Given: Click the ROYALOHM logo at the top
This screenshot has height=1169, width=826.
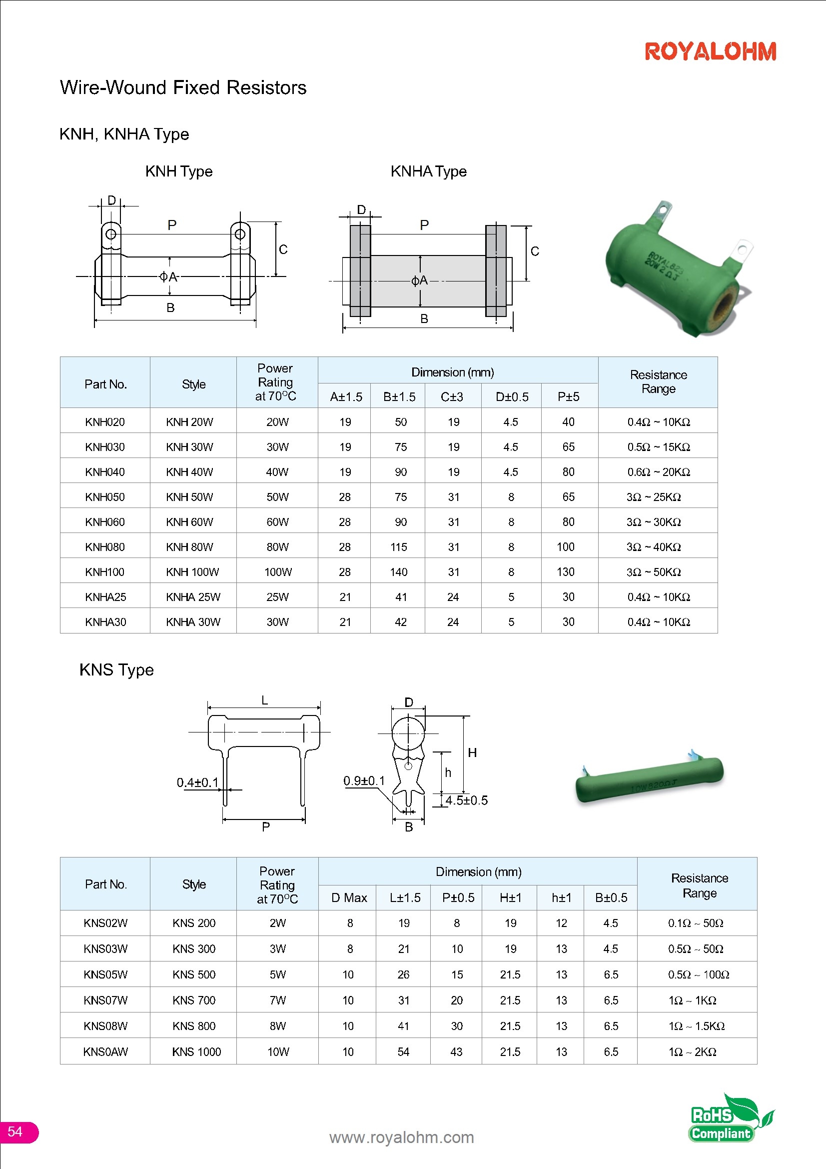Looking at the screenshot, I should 710,51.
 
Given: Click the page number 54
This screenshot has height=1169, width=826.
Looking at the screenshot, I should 15,1131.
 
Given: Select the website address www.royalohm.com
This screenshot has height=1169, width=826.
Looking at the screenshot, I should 402,1137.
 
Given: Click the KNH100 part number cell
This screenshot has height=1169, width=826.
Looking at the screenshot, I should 105,572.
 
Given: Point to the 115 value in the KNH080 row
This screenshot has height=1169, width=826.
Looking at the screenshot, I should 398,547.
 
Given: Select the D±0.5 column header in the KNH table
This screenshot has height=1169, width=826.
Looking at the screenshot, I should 512,396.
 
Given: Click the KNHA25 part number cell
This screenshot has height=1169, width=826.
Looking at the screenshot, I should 105,596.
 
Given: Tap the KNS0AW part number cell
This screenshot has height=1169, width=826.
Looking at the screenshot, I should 105,1051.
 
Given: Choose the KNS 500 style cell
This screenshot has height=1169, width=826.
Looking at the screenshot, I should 194,974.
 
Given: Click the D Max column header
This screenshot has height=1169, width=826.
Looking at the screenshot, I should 349,897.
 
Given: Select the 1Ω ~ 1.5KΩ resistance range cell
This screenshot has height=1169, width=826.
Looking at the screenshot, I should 696,1026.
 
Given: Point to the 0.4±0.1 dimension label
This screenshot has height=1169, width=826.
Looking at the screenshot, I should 197,782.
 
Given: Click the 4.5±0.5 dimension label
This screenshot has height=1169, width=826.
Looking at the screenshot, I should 466,800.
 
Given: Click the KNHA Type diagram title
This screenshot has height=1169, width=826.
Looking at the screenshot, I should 429,171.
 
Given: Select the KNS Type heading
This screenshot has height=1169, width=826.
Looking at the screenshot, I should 116,669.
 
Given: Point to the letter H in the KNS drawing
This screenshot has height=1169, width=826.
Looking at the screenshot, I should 472,752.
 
